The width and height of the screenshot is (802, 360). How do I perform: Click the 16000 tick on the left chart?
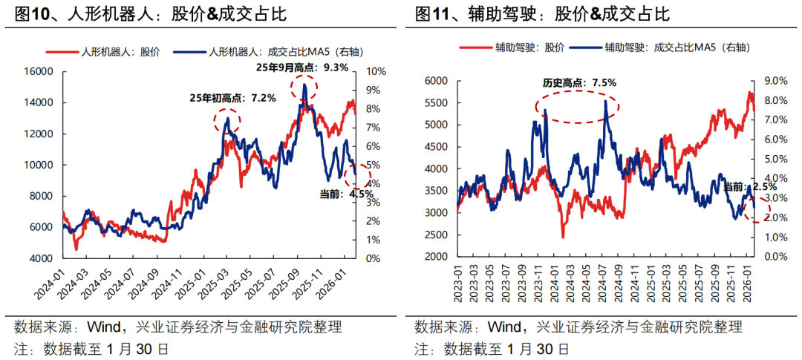point(39,71)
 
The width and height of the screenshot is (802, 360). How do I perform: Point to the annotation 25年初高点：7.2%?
point(233,98)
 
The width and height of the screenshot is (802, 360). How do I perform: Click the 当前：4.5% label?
point(339,194)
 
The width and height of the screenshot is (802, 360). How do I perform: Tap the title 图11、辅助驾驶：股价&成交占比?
point(543,14)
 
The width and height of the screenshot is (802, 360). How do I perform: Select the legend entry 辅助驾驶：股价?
point(512,48)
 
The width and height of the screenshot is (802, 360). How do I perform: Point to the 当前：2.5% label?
point(743,187)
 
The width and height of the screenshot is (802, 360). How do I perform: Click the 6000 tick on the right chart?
point(437,81)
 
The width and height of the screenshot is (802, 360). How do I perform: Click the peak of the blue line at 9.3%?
point(305,85)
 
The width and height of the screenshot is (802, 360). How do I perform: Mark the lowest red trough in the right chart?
point(563,238)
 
